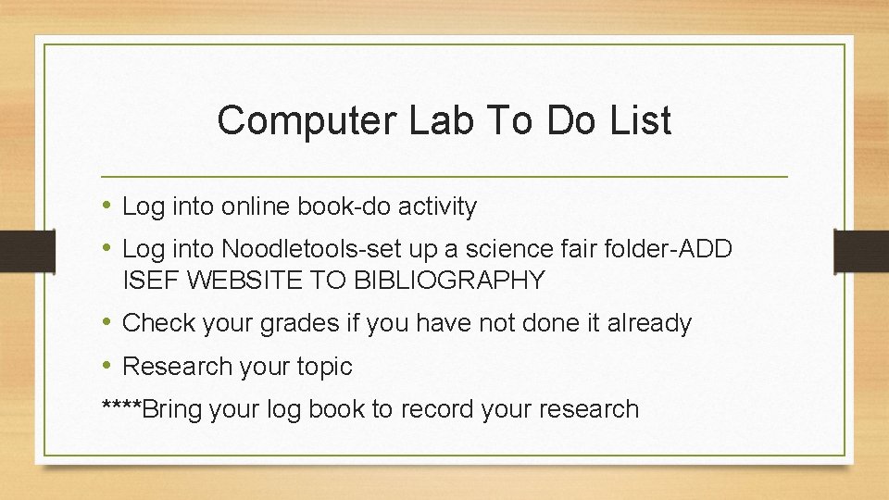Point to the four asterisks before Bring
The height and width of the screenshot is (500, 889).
(120, 407)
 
